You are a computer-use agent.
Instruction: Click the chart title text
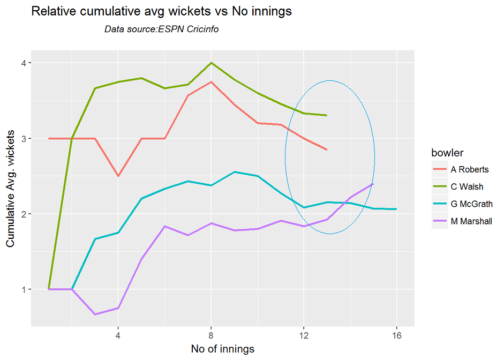point(161,12)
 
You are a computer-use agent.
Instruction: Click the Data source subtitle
point(161,29)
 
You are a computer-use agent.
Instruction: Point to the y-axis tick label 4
point(23,63)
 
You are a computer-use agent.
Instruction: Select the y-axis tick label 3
point(23,139)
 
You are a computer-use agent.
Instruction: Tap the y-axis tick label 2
point(23,214)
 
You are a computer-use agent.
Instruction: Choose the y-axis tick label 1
point(23,290)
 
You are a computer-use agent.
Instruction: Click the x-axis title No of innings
point(222,349)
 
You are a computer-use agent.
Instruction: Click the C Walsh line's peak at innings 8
point(211,63)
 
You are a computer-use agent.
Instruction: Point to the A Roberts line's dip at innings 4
point(118,176)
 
